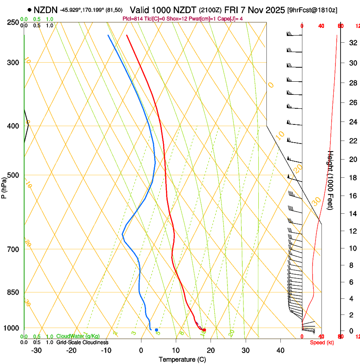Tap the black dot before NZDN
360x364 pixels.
[x=29, y=10]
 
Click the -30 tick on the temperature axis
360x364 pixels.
[x=36, y=350]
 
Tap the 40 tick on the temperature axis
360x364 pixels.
[x=280, y=350]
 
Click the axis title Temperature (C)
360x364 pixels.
[x=182, y=359]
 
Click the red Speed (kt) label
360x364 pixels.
[x=322, y=342]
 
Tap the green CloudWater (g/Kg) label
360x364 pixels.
[x=78, y=336]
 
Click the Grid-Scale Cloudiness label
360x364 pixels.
[x=82, y=342]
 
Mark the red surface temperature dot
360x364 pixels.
[x=204, y=330]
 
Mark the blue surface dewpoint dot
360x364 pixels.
[x=156, y=330]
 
